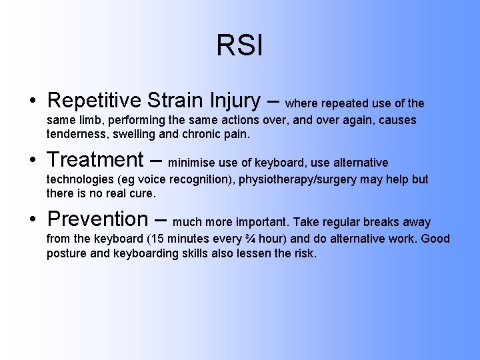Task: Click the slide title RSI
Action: tap(239, 46)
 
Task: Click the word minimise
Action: tap(194, 163)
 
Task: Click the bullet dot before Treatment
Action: tap(33, 161)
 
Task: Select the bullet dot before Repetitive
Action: tap(33, 101)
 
